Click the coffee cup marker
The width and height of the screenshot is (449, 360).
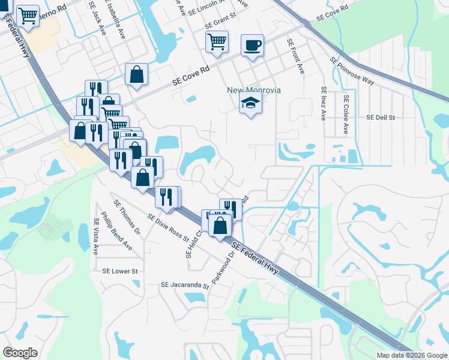tap(252, 44)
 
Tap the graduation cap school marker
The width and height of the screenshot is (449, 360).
tap(251, 103)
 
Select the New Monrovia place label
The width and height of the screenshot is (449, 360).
tap(254, 90)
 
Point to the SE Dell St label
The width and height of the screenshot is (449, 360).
tap(381, 118)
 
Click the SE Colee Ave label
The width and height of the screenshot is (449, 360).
tap(346, 113)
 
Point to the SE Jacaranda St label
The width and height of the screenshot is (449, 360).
tap(184, 286)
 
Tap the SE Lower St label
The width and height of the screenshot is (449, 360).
tap(120, 271)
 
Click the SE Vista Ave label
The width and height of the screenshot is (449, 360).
tap(95, 237)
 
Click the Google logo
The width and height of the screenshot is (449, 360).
tap(20, 353)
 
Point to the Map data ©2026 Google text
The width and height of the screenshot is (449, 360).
tap(411, 355)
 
